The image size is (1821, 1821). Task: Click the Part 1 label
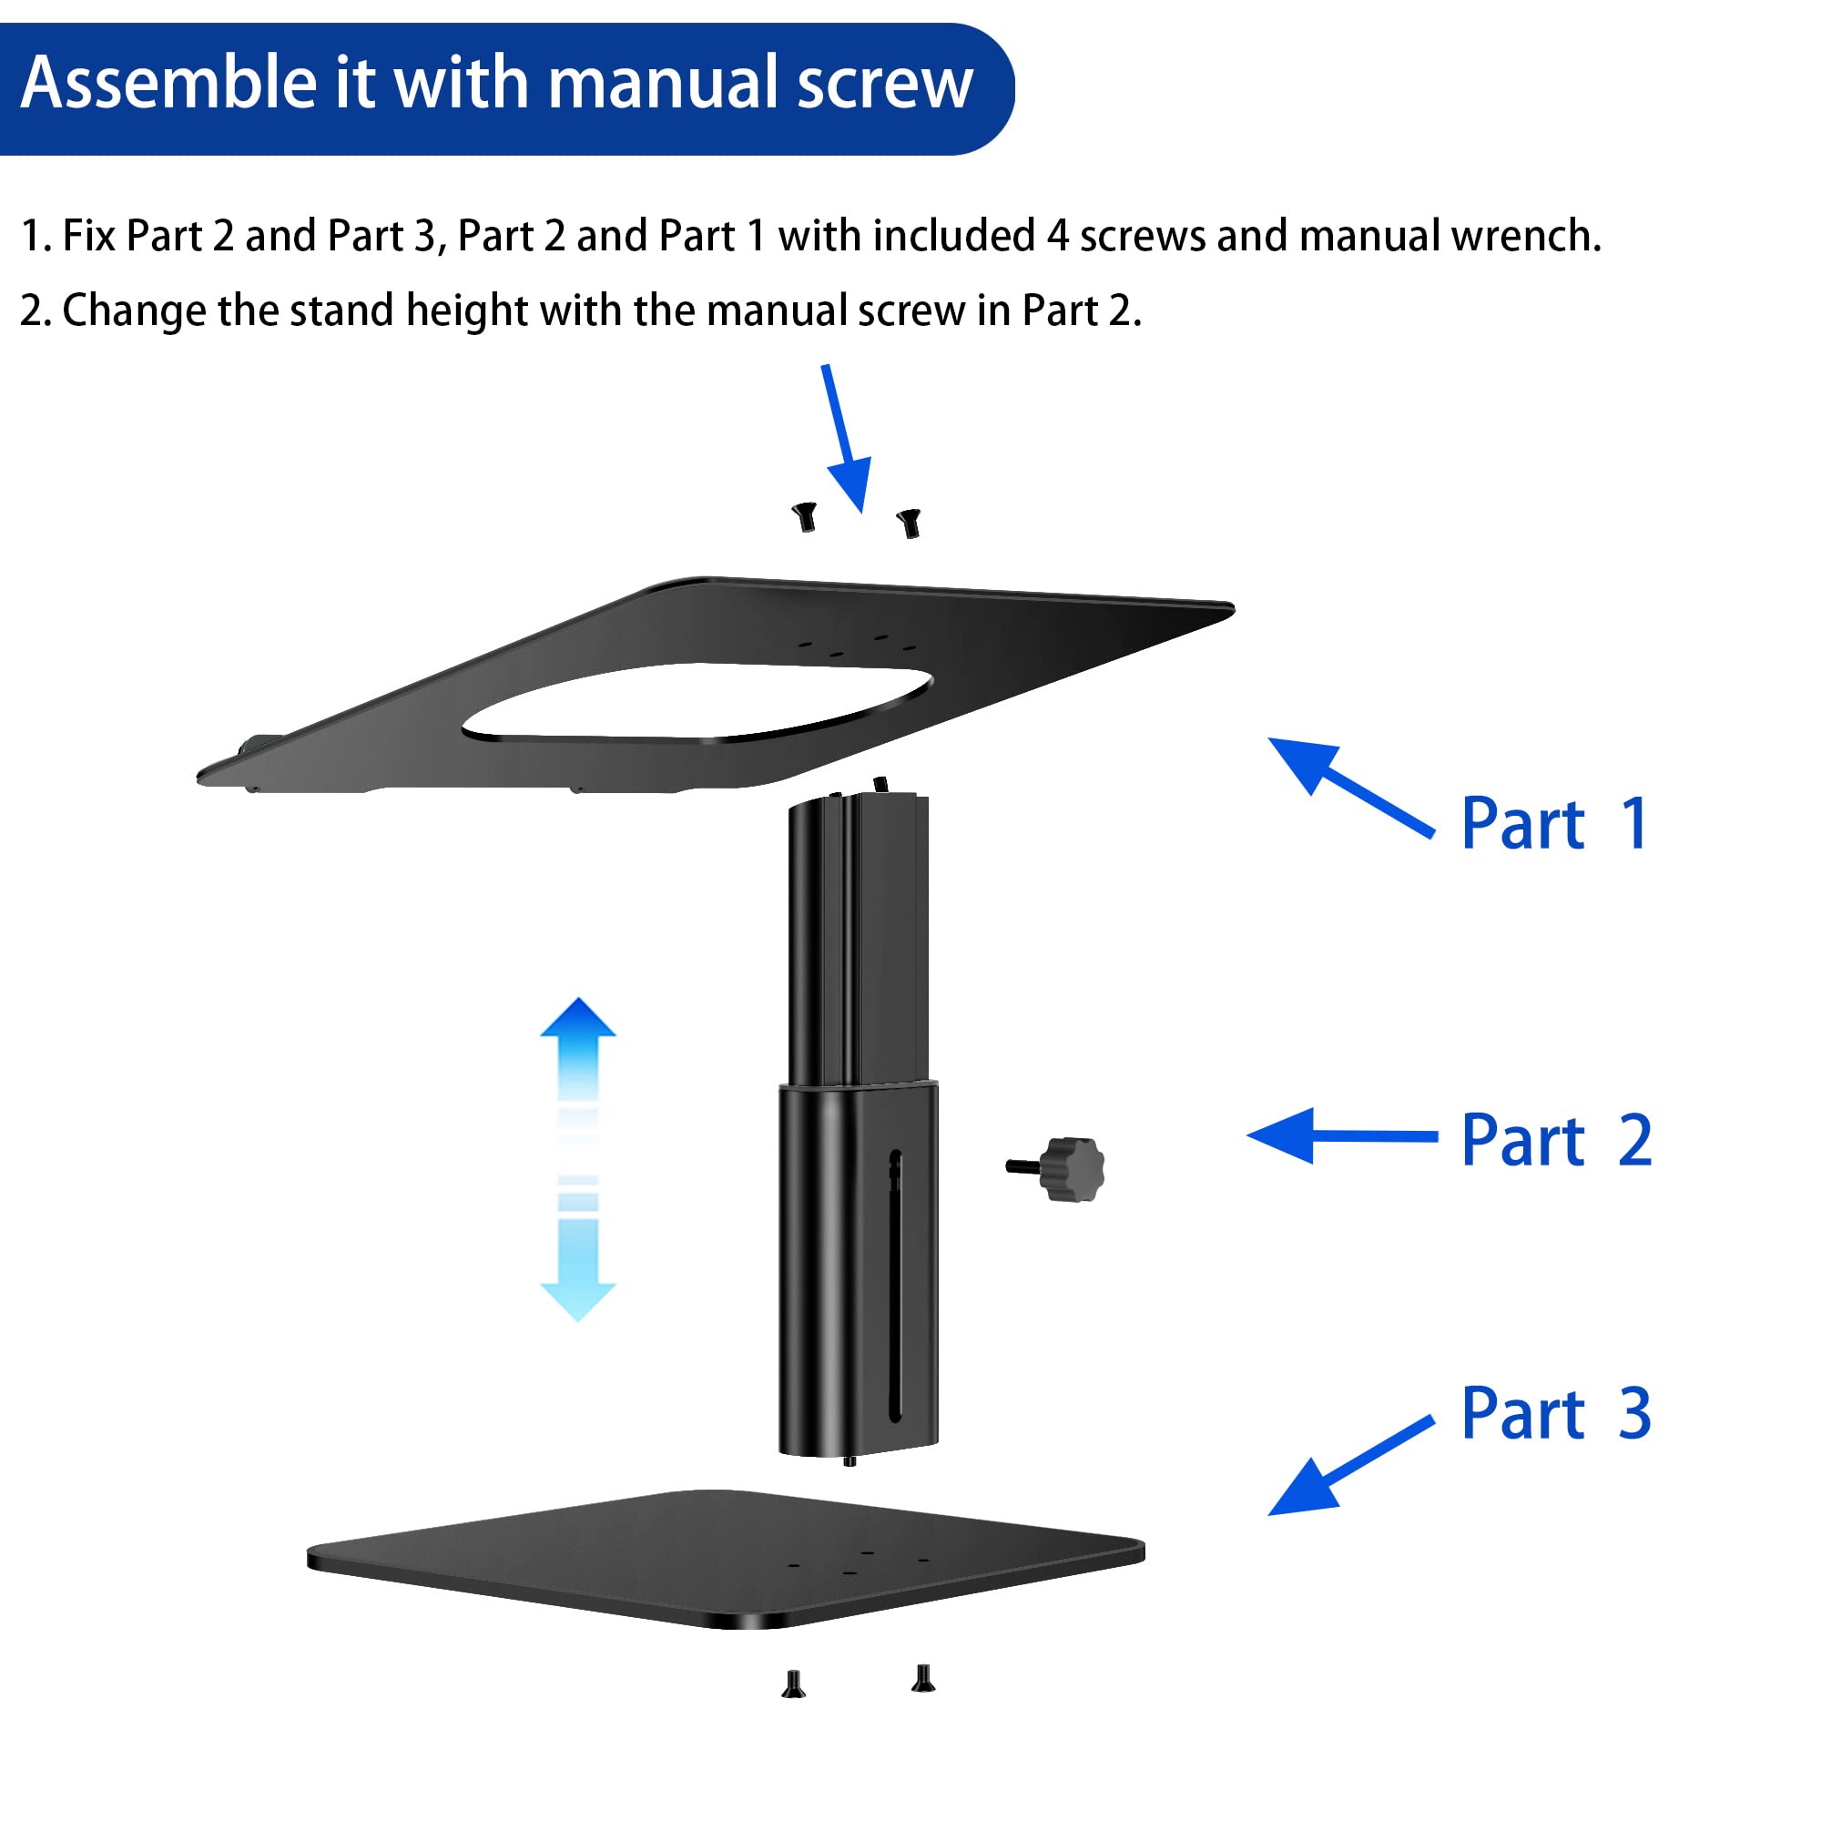click(x=1554, y=824)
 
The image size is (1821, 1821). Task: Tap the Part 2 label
click(x=1556, y=1141)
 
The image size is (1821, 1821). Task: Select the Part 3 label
click(x=1556, y=1413)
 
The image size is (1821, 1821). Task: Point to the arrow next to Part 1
click(x=1348, y=786)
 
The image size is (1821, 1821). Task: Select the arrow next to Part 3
click(x=1348, y=1467)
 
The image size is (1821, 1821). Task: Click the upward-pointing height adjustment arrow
click(x=578, y=1046)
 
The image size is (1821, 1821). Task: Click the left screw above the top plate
click(x=804, y=516)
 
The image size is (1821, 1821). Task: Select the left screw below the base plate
click(x=794, y=1684)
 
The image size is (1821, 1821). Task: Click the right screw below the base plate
click(x=923, y=1679)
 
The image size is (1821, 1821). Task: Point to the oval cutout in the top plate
click(x=697, y=702)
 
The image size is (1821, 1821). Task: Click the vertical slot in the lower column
click(x=894, y=1287)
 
